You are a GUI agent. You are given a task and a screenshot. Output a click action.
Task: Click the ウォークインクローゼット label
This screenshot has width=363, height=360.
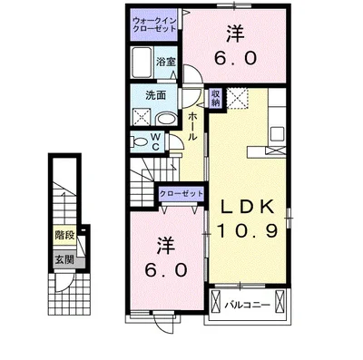(154, 25)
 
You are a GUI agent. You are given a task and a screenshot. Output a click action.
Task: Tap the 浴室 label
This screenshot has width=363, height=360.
(166, 62)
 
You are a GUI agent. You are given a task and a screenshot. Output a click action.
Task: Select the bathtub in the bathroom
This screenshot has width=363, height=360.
(142, 63)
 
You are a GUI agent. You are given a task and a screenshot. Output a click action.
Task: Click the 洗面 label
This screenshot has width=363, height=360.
(156, 95)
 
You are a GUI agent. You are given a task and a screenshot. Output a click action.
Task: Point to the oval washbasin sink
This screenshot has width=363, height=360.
(166, 120)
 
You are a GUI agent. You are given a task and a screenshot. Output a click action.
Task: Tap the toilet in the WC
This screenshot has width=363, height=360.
(139, 141)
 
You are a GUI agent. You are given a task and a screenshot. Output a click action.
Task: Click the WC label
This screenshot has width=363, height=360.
(155, 141)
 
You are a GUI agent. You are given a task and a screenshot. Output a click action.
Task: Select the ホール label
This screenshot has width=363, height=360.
(192, 126)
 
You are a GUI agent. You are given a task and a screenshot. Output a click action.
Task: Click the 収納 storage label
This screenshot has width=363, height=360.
(216, 98)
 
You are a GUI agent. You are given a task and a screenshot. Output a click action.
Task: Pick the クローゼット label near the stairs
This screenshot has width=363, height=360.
(181, 194)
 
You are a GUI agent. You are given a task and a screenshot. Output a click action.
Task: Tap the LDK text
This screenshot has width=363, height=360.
(247, 207)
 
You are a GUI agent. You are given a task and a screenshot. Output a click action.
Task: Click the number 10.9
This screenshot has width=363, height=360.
(247, 231)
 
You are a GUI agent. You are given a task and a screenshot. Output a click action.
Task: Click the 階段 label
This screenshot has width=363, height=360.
(64, 235)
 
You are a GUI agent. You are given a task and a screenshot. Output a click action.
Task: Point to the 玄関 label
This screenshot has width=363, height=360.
(64, 259)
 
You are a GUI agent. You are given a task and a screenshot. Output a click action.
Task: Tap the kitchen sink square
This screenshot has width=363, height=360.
(278, 133)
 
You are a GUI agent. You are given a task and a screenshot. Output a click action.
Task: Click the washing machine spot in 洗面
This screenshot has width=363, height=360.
(142, 116)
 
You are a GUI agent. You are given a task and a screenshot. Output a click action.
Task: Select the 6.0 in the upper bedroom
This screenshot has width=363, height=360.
(236, 58)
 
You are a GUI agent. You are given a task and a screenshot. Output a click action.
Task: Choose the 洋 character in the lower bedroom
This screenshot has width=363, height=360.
(166, 246)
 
